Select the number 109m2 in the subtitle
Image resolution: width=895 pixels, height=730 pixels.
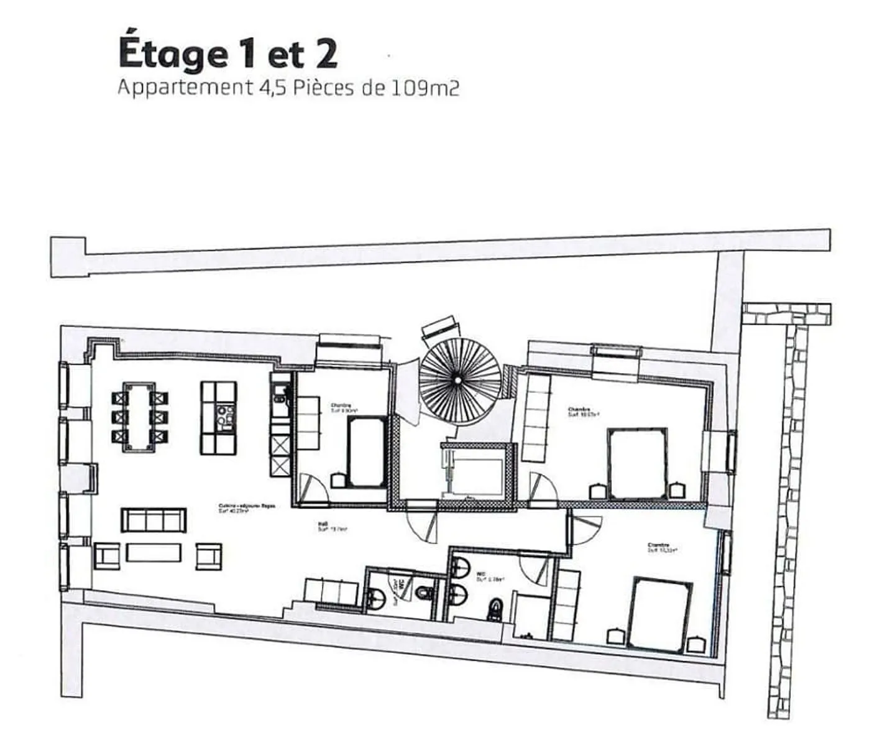(425, 88)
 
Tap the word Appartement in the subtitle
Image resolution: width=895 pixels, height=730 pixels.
(183, 88)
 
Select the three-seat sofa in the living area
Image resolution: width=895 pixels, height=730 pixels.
(153, 519)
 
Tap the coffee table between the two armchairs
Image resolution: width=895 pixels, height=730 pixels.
(154, 552)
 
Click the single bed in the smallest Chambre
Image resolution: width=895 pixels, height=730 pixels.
(366, 451)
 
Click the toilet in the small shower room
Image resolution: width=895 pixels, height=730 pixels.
(424, 593)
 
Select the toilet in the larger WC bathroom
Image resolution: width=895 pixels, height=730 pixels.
(495, 609)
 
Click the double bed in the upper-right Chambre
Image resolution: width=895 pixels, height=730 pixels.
(637, 463)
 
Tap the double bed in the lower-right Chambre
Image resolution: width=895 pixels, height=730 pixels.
(660, 614)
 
